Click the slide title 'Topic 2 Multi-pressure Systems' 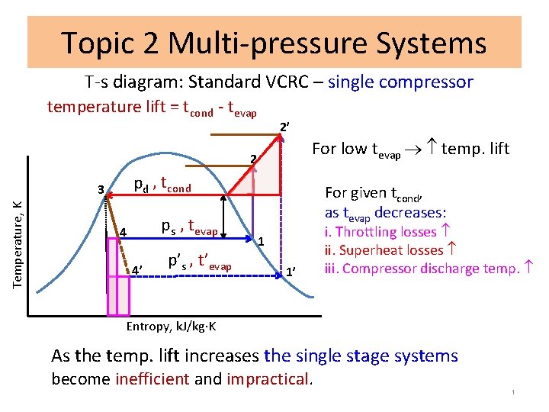click(x=274, y=43)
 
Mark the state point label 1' click(x=291, y=272)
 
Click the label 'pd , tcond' click(x=162, y=185)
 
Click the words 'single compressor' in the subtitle click(x=400, y=82)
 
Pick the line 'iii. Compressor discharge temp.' click(x=425, y=268)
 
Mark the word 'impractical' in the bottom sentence click(x=268, y=379)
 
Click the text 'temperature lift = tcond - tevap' click(x=152, y=108)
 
